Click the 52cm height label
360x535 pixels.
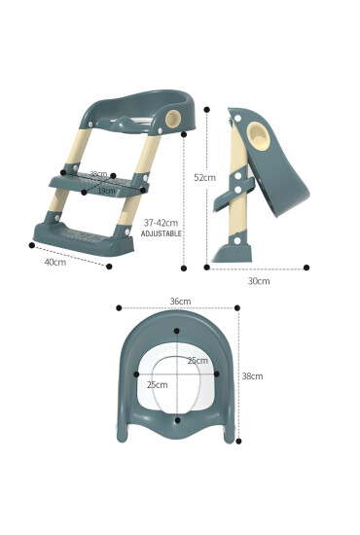pyautogui.click(x=204, y=177)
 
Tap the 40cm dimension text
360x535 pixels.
pyautogui.click(x=54, y=262)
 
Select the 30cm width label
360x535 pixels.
pyautogui.click(x=258, y=281)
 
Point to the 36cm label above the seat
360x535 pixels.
pyautogui.click(x=180, y=302)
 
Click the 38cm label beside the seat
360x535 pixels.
pyautogui.click(x=252, y=375)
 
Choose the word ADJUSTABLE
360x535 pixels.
pyautogui.click(x=162, y=234)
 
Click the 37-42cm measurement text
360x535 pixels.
pyautogui.click(x=161, y=223)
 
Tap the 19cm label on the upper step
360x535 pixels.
pyautogui.click(x=105, y=191)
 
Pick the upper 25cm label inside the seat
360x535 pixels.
pyautogui.click(x=198, y=361)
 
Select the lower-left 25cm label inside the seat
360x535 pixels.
pyautogui.click(x=157, y=384)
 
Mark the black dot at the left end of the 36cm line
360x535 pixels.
pyautogui.click(x=119, y=307)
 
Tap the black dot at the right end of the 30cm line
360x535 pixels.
pyautogui.click(x=306, y=267)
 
